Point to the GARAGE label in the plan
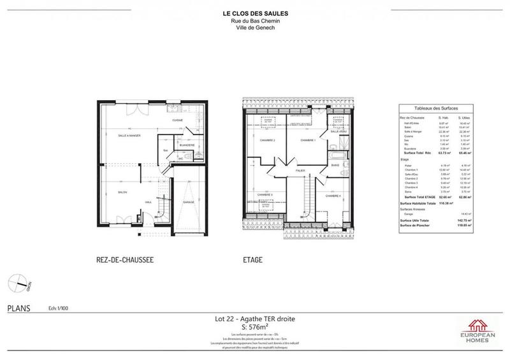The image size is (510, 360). (x=189, y=203)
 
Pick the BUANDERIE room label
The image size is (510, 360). (x=187, y=145)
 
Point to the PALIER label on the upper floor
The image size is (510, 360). (x=301, y=171)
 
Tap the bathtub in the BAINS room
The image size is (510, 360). (x=335, y=154)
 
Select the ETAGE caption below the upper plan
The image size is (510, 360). (x=252, y=260)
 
